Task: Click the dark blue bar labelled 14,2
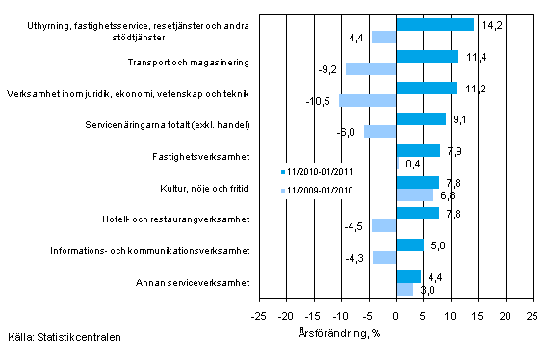434,25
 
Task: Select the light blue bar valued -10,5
367,100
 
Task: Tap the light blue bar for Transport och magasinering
371,68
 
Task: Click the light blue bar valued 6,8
414,194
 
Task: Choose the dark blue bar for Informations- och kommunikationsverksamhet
409,244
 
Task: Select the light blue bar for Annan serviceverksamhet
404,289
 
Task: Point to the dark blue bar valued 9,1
421,118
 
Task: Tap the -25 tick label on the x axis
258,316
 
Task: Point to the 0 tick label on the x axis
396,316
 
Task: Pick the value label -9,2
328,69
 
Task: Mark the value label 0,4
410,163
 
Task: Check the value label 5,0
435,244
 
